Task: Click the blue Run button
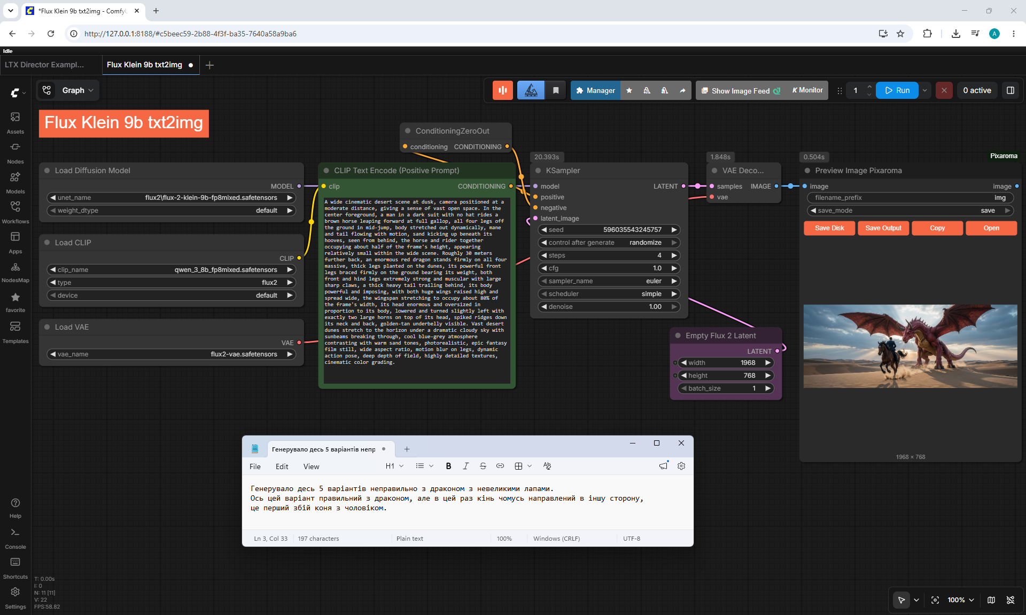pyautogui.click(x=897, y=90)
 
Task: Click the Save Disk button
pyautogui.click(x=829, y=228)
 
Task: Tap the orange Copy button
pyautogui.click(x=937, y=228)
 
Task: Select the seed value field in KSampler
pyautogui.click(x=609, y=230)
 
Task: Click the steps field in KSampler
pyautogui.click(x=609, y=255)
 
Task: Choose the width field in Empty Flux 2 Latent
pyautogui.click(x=726, y=363)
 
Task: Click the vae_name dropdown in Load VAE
pyautogui.click(x=172, y=354)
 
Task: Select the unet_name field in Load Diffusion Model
pyautogui.click(x=172, y=198)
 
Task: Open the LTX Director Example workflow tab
pyautogui.click(x=44, y=65)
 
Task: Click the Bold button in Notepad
pyautogui.click(x=448, y=466)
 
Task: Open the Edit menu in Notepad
pyautogui.click(x=282, y=466)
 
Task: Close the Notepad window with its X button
pyautogui.click(x=681, y=443)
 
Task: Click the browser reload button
pyautogui.click(x=51, y=34)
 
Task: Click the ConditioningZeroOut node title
pyautogui.click(x=452, y=131)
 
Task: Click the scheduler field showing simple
pyautogui.click(x=609, y=294)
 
